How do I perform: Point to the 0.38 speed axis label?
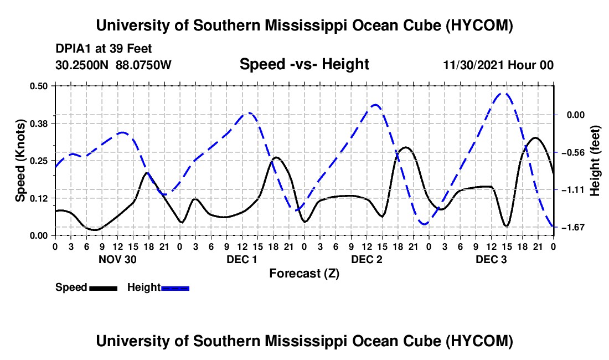click(39, 124)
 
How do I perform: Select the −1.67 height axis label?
click(573, 227)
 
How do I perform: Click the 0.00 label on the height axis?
click(576, 115)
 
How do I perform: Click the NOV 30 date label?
click(118, 259)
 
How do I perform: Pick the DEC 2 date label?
click(367, 259)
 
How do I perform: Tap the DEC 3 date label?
click(491, 259)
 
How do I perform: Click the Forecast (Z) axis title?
click(304, 274)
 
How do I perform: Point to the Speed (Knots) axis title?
click(20, 161)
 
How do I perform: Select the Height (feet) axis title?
click(595, 161)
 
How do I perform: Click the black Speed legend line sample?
click(104, 289)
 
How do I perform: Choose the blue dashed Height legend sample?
click(175, 289)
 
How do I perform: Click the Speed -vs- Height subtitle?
click(304, 64)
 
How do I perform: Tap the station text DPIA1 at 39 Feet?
click(104, 49)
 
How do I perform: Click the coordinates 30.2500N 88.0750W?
click(113, 65)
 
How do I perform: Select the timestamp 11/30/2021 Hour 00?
click(498, 65)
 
